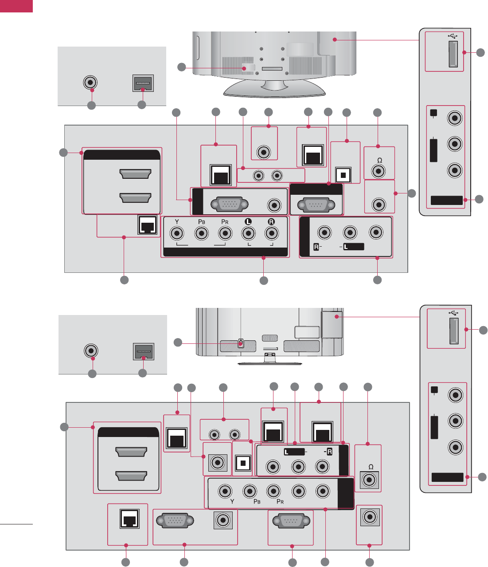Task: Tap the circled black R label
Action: pyautogui.click(x=271, y=221)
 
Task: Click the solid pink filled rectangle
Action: pyautogui.click(x=16, y=6)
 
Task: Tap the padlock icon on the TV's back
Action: pyautogui.click(x=241, y=343)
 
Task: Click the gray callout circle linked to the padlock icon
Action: pyautogui.click(x=178, y=342)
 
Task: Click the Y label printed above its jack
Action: pyautogui.click(x=177, y=221)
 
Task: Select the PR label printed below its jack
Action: pyautogui.click(x=280, y=501)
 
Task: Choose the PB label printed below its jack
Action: pyautogui.click(x=256, y=501)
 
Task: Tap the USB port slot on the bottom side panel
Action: pyautogui.click(x=454, y=331)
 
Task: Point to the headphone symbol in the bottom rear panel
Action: pyautogui.click(x=371, y=467)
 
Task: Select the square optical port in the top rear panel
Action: pyautogui.click(x=342, y=174)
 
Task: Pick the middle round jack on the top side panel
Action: pyautogui.click(x=455, y=144)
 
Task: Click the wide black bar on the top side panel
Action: pyautogui.click(x=447, y=201)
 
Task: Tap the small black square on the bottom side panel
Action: pyautogui.click(x=434, y=390)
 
